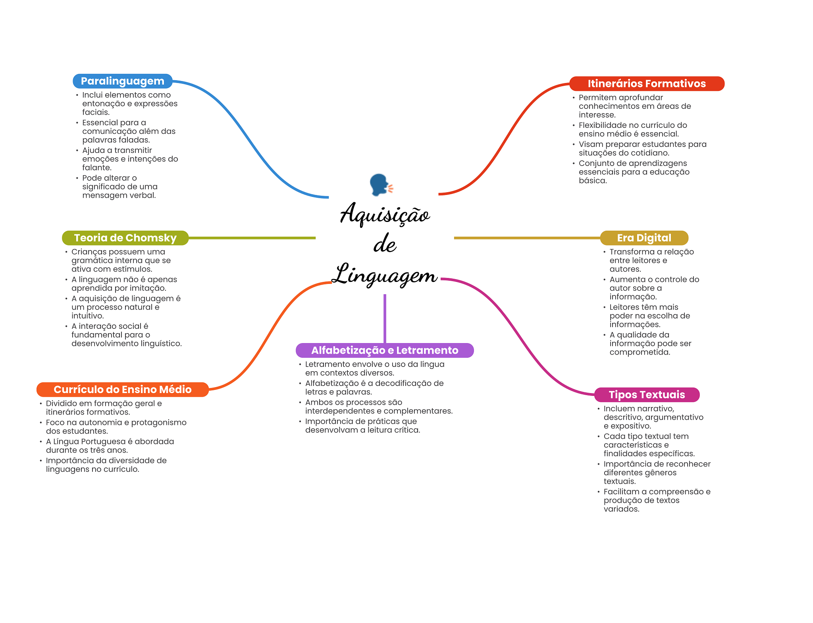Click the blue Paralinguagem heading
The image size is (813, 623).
(x=122, y=81)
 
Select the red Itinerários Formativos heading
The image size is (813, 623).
(x=647, y=83)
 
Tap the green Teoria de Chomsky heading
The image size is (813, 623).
(x=125, y=238)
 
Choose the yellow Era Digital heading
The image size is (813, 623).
(x=644, y=238)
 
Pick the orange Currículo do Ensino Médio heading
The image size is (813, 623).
(x=122, y=390)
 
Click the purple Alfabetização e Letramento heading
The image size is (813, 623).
(x=385, y=350)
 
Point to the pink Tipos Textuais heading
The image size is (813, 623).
(x=647, y=395)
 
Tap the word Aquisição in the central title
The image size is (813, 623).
(x=385, y=214)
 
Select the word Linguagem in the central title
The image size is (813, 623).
(x=385, y=274)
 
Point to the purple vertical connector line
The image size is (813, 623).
(x=385, y=318)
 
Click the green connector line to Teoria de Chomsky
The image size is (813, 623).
(x=252, y=238)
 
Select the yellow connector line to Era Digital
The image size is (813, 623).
(x=527, y=238)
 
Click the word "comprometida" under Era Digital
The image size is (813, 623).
(x=640, y=352)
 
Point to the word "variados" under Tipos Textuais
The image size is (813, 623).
(x=621, y=509)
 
